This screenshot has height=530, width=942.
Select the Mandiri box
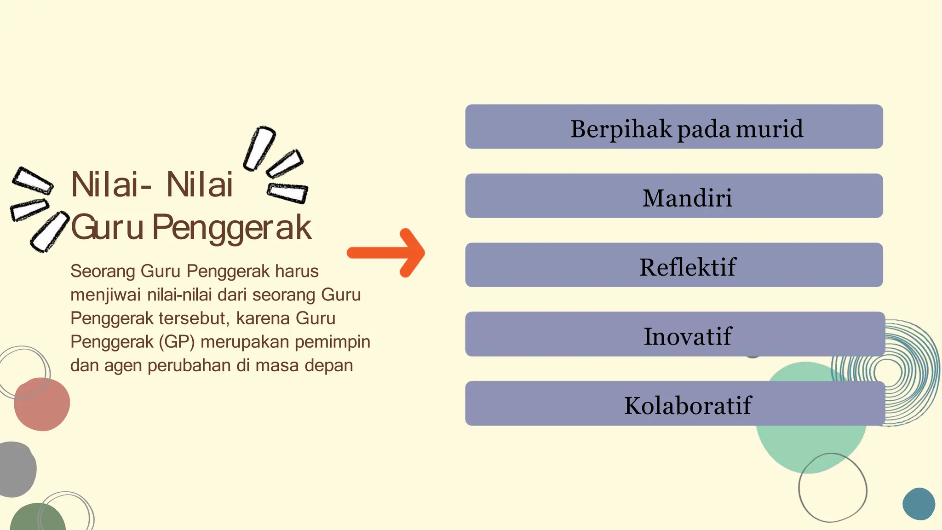674,196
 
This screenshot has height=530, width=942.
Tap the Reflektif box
674,265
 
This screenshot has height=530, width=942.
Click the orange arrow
386,253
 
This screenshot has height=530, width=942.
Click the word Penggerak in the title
232,228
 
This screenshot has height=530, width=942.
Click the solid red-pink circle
42,404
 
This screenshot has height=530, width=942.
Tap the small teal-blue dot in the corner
919,504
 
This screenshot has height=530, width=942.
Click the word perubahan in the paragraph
189,366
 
